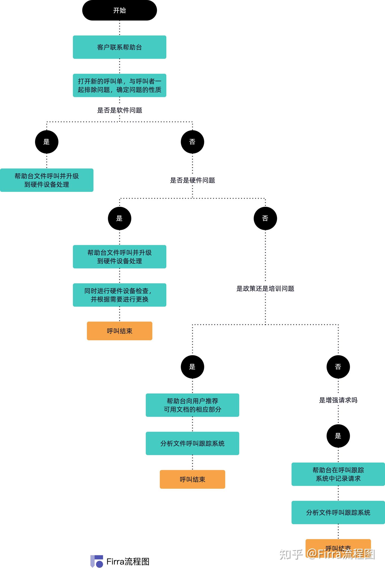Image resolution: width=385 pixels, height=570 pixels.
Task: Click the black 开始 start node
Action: tap(120, 10)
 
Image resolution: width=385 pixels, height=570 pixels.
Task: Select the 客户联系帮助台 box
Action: tap(120, 47)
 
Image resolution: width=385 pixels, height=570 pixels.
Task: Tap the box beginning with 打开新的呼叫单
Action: tap(120, 85)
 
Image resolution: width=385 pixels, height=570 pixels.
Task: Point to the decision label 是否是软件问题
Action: tap(120, 110)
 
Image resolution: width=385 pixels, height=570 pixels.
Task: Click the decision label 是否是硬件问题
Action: tap(192, 180)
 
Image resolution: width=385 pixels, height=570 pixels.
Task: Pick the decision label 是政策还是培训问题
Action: tap(265, 288)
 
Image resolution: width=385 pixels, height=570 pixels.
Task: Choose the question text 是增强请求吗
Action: tap(338, 400)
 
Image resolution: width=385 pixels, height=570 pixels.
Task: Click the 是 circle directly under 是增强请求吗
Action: tap(338, 436)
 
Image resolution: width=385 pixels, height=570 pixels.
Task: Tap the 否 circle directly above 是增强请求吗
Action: tap(338, 367)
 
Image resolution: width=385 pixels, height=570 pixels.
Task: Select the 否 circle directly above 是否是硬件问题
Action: tap(192, 142)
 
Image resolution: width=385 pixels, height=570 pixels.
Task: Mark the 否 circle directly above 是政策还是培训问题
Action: tap(265, 218)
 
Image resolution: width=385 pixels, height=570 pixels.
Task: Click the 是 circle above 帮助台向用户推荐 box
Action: tap(192, 367)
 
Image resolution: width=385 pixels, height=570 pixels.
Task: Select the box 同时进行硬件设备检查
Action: tap(120, 295)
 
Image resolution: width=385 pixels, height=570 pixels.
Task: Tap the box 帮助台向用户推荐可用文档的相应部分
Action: tap(192, 405)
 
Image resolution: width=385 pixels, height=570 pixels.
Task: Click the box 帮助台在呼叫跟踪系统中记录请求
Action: tap(338, 474)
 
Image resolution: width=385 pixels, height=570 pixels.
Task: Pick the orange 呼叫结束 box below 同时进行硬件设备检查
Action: tap(120, 331)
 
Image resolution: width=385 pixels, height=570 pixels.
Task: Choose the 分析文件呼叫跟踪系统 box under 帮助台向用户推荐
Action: tap(192, 443)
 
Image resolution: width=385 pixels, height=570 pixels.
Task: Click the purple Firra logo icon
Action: tap(97, 561)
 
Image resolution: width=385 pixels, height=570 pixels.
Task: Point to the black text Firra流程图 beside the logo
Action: tap(128, 561)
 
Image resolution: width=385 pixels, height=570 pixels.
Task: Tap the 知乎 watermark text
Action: tap(291, 555)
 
